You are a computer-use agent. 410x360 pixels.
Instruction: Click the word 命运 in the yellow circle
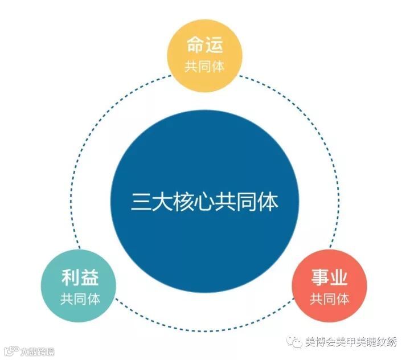pos(204,46)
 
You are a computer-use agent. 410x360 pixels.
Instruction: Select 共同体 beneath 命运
pos(204,66)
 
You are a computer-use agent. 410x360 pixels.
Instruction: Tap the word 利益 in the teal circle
pos(80,277)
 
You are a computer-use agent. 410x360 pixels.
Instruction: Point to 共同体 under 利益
pos(80,298)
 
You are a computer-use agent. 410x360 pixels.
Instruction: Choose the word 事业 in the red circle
pos(329,277)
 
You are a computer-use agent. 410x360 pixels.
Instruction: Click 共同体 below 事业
pos(329,298)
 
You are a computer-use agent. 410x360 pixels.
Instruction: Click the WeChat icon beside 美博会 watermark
pos(295,342)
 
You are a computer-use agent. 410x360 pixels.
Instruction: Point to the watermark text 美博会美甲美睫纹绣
pos(351,342)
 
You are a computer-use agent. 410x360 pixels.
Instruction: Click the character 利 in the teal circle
pos(70,277)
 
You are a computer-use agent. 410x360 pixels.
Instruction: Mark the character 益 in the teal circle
pos(89,277)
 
